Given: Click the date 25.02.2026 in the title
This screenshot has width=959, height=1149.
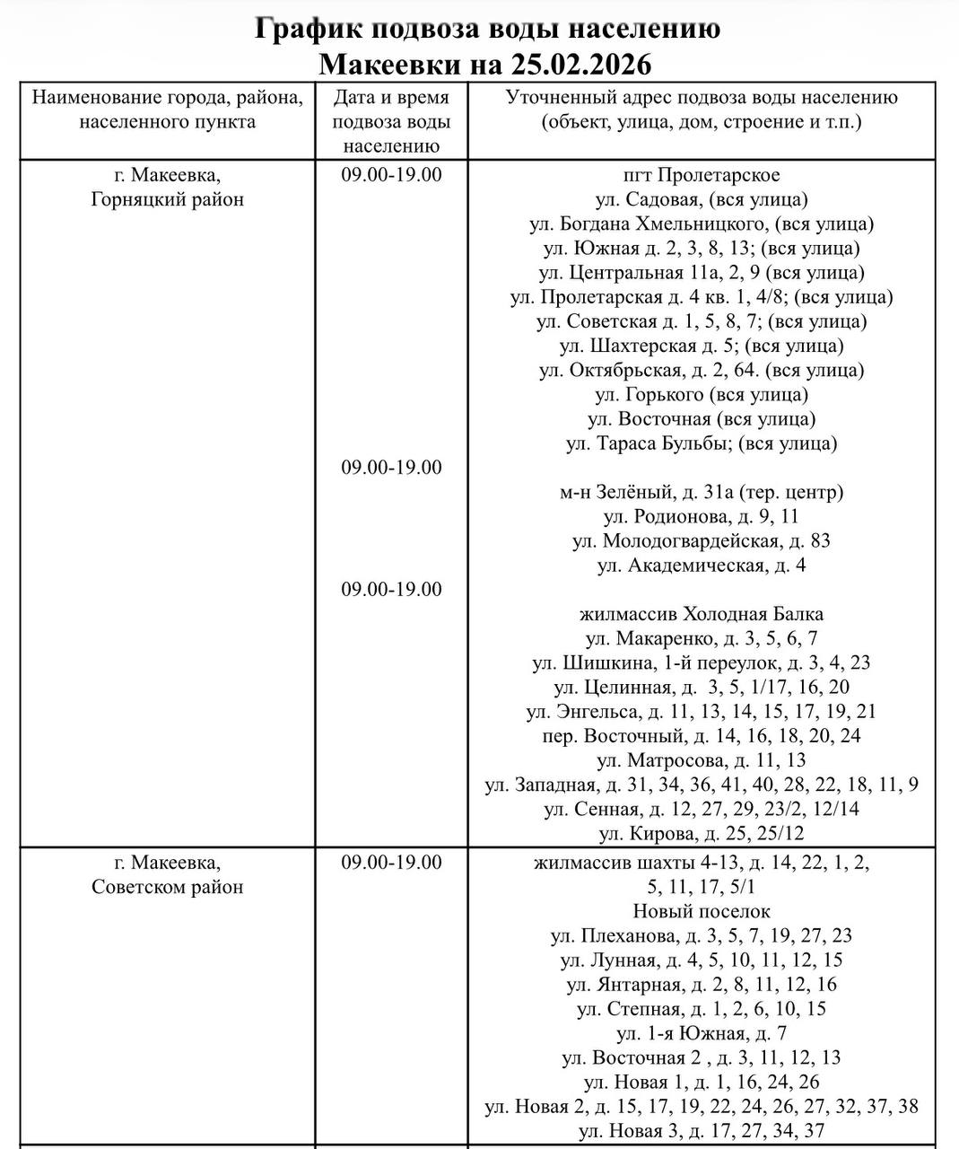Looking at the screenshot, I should pyautogui.click(x=581, y=65).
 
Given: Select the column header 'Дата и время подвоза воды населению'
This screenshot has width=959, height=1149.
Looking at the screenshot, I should pyautogui.click(x=391, y=121).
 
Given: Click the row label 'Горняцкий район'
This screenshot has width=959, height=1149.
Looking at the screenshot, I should pyautogui.click(x=167, y=199).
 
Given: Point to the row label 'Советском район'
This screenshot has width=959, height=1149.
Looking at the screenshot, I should pyautogui.click(x=167, y=887).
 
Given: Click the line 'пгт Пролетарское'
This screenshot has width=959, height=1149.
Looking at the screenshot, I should pyautogui.click(x=701, y=175).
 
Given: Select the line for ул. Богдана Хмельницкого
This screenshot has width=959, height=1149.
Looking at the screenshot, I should pyautogui.click(x=701, y=224).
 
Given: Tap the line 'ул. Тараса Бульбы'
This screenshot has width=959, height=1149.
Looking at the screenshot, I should pyautogui.click(x=701, y=443).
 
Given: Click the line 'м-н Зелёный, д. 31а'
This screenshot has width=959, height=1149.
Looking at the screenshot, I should pyautogui.click(x=701, y=492).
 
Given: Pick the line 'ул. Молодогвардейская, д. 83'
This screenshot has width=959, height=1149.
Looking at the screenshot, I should pyautogui.click(x=701, y=540).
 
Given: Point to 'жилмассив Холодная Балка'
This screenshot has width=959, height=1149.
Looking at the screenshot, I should pyautogui.click(x=701, y=614).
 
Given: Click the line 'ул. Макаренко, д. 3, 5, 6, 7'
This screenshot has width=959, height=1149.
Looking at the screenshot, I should pyautogui.click(x=701, y=638).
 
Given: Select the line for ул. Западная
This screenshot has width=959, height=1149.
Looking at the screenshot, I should pyautogui.click(x=701, y=785).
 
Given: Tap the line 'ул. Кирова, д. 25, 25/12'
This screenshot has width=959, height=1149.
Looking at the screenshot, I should pyautogui.click(x=701, y=833).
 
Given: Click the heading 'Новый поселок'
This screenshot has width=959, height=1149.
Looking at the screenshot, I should pyautogui.click(x=701, y=911).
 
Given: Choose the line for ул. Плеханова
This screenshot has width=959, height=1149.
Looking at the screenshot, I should pyautogui.click(x=701, y=935).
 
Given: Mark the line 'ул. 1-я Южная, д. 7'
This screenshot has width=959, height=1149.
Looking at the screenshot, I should pyautogui.click(x=701, y=1033).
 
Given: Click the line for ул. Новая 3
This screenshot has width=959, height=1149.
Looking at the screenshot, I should pyautogui.click(x=701, y=1131).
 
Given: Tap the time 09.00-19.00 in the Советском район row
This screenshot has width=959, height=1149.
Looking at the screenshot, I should pyautogui.click(x=391, y=863).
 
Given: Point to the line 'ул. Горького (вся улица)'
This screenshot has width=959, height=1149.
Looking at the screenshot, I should pyautogui.click(x=701, y=394).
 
